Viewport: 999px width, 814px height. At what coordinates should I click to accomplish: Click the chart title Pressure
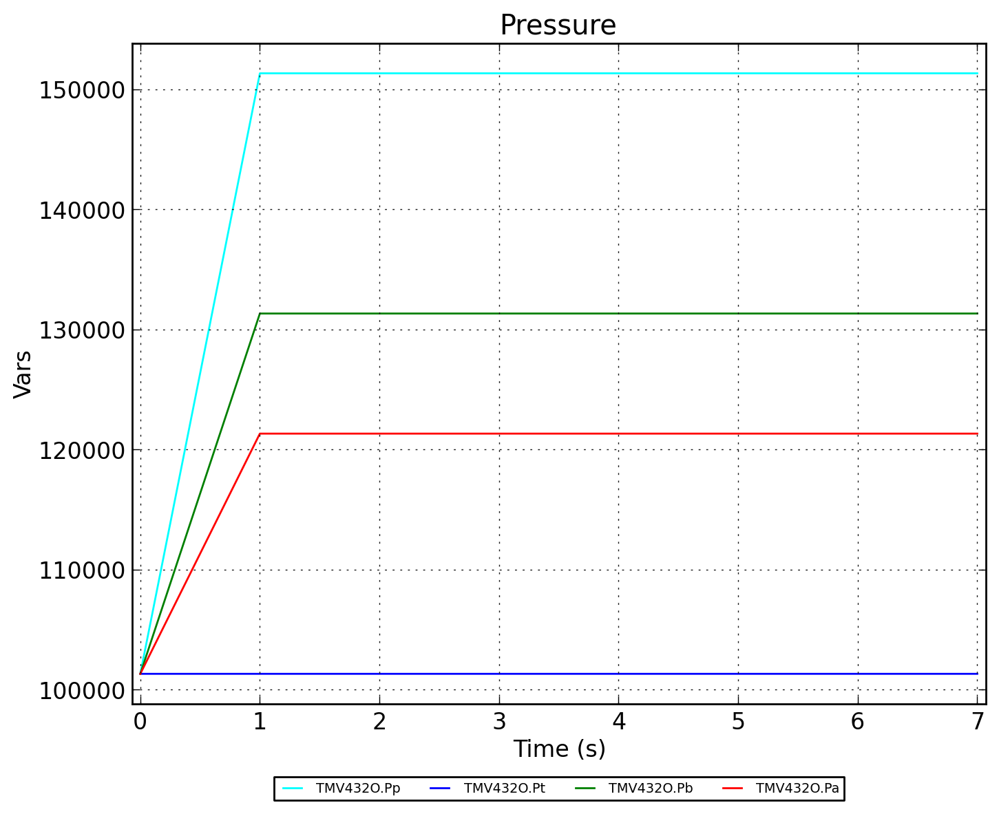point(558,26)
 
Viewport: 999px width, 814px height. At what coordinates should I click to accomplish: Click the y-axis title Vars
point(23,374)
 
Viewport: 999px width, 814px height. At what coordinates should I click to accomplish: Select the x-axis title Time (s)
point(559,749)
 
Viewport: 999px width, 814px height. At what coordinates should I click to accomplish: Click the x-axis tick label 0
point(140,722)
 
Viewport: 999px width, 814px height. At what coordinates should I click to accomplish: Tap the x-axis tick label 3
point(499,722)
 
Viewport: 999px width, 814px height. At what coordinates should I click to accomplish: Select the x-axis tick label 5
point(738,722)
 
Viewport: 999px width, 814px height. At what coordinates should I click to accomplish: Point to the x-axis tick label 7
point(977,722)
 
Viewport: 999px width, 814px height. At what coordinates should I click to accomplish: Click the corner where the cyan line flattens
point(260,73)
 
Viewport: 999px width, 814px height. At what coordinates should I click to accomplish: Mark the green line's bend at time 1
point(260,313)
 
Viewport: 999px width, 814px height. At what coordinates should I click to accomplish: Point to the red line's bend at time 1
point(260,433)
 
